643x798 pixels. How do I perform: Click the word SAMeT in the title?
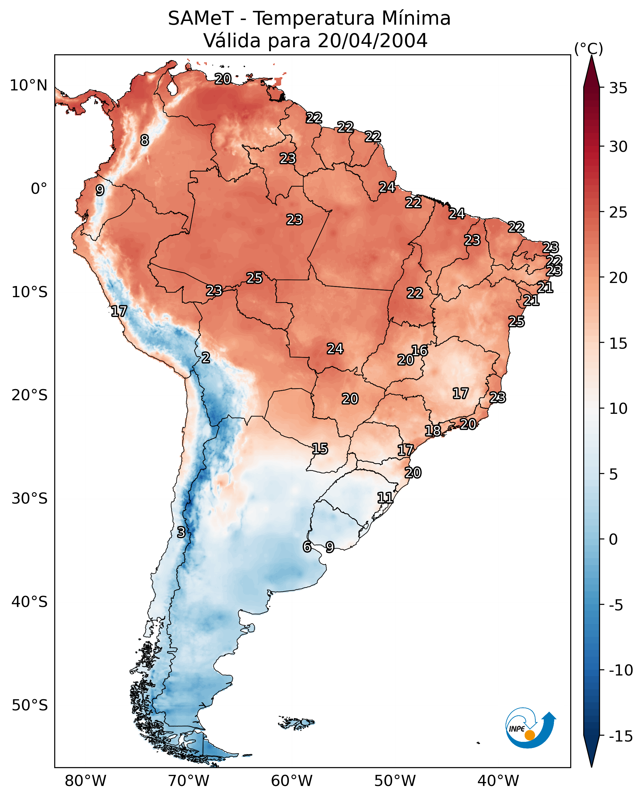click(201, 19)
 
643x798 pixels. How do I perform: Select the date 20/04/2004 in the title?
click(372, 40)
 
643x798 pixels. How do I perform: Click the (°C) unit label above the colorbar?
click(588, 48)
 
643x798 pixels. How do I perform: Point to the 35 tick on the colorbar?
click(618, 88)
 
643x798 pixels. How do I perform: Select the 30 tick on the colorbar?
click(618, 147)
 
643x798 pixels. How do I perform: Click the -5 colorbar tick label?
click(620, 605)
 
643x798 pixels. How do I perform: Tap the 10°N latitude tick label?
click(29, 86)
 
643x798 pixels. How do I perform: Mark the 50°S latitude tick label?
click(30, 705)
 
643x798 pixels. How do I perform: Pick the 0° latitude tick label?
click(39, 189)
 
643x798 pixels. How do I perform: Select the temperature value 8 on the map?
click(145, 140)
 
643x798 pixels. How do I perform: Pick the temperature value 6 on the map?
click(307, 547)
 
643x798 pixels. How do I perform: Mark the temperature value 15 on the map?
click(320, 449)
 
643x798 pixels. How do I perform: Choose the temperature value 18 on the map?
click(432, 430)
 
